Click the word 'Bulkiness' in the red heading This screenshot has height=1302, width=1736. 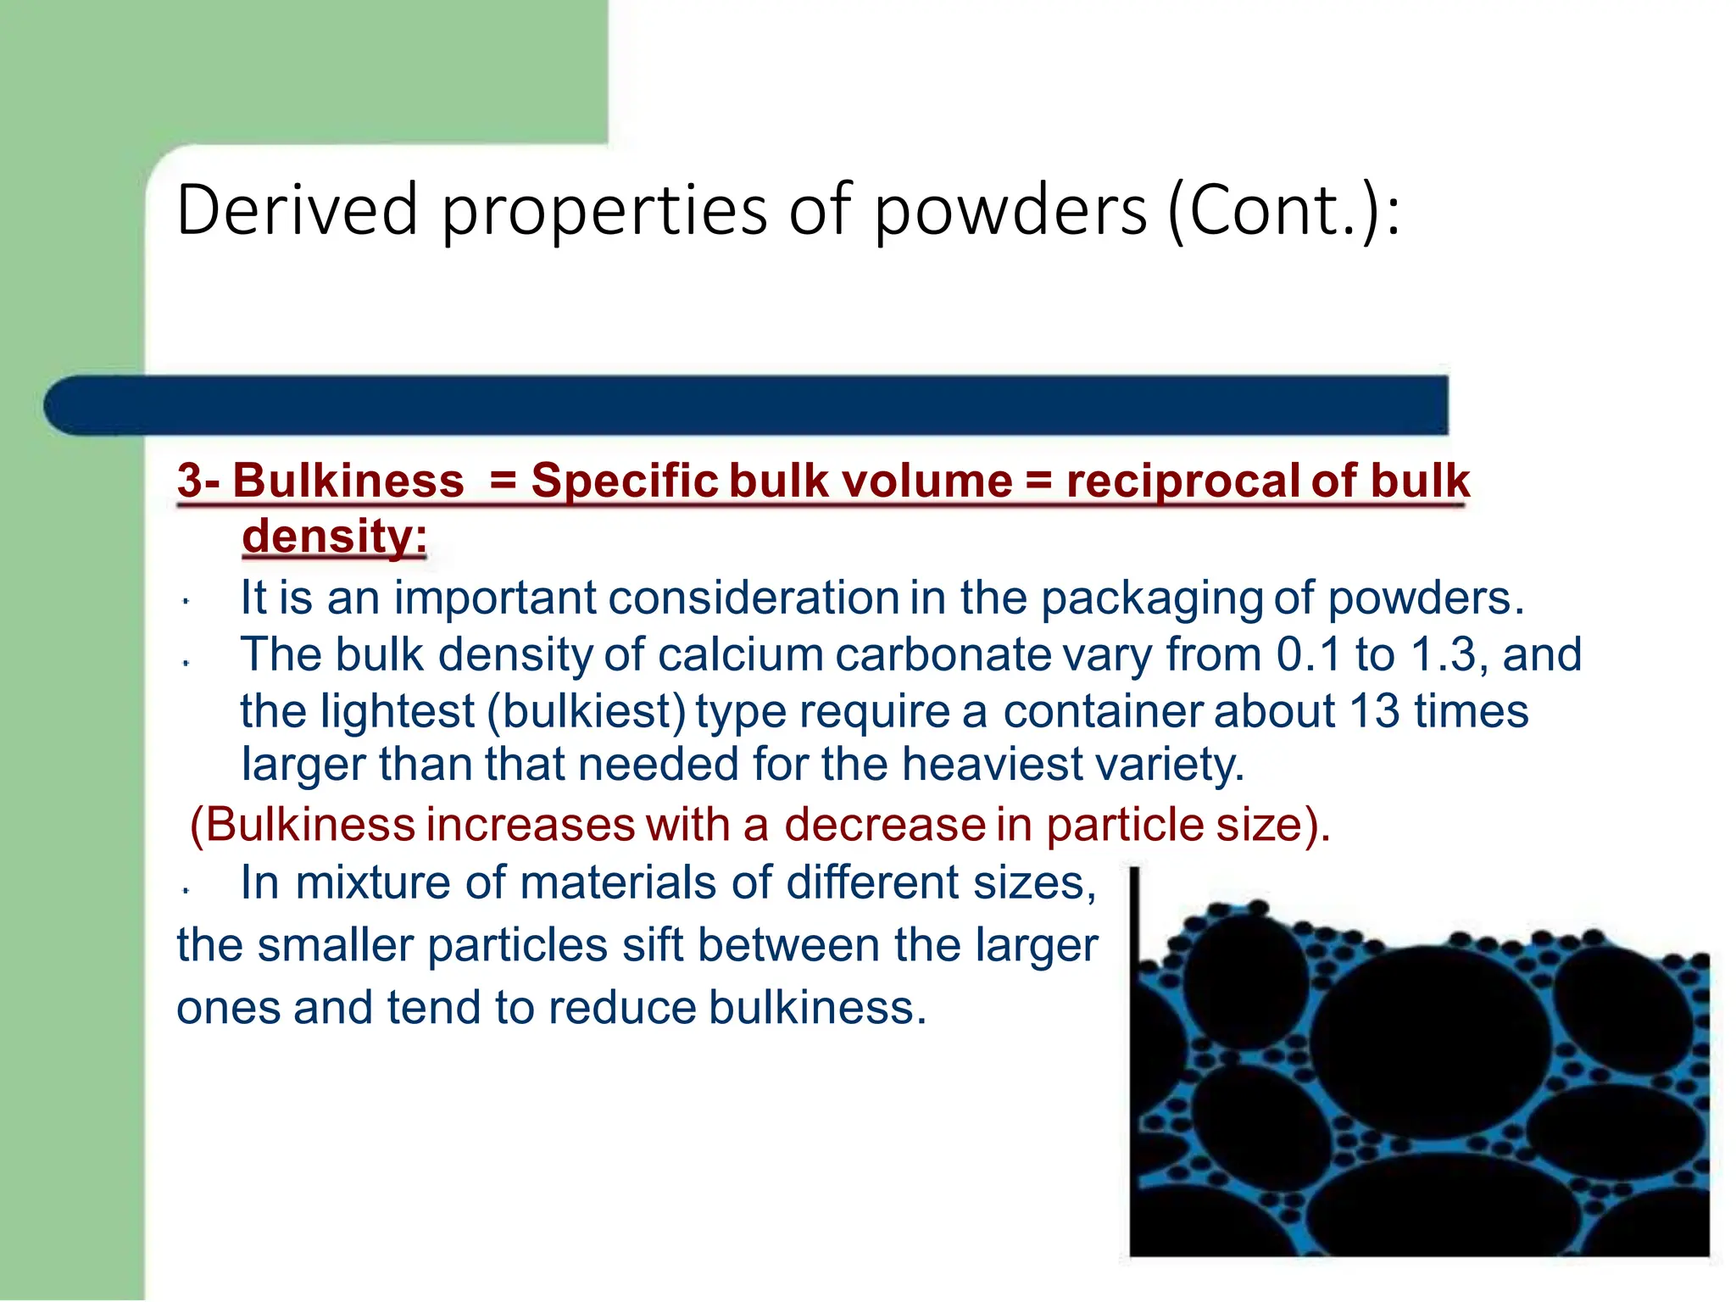click(x=348, y=481)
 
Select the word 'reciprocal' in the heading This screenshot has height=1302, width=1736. click(x=1182, y=481)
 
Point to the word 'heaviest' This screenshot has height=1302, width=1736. click(x=992, y=765)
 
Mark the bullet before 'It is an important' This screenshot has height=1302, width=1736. click(x=186, y=603)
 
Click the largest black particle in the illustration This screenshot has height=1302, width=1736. click(x=1431, y=1040)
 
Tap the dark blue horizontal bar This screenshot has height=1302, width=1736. click(x=746, y=405)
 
